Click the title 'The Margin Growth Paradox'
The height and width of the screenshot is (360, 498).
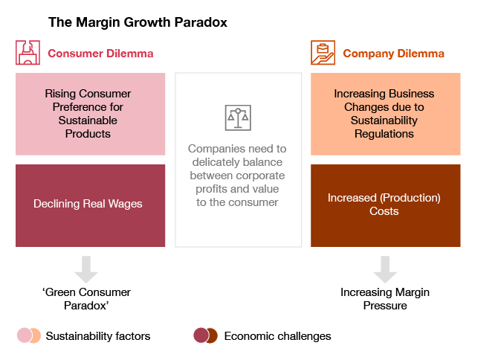pyautogui.click(x=138, y=22)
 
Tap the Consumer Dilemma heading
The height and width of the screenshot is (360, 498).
pyautogui.click(x=100, y=54)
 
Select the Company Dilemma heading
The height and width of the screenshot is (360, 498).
pyautogui.click(x=393, y=54)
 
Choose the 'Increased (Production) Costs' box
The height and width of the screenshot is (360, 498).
pyautogui.click(x=384, y=205)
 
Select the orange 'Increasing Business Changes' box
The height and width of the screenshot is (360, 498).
pyautogui.click(x=384, y=114)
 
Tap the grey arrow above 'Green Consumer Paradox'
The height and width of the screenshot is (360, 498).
pyautogui.click(x=86, y=269)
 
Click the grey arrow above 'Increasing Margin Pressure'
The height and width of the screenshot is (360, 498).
pyautogui.click(x=384, y=269)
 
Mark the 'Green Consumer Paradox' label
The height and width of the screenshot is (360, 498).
pyautogui.click(x=86, y=299)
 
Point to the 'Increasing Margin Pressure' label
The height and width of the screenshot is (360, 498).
pyautogui.click(x=384, y=299)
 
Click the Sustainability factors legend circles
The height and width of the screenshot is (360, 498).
pyautogui.click(x=29, y=336)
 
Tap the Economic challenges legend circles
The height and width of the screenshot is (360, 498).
pyautogui.click(x=205, y=336)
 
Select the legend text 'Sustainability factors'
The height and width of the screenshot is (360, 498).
pyautogui.click(x=98, y=336)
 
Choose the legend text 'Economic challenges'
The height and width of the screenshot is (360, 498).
pyautogui.click(x=277, y=336)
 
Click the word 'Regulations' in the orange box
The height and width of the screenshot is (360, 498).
pyautogui.click(x=384, y=134)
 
